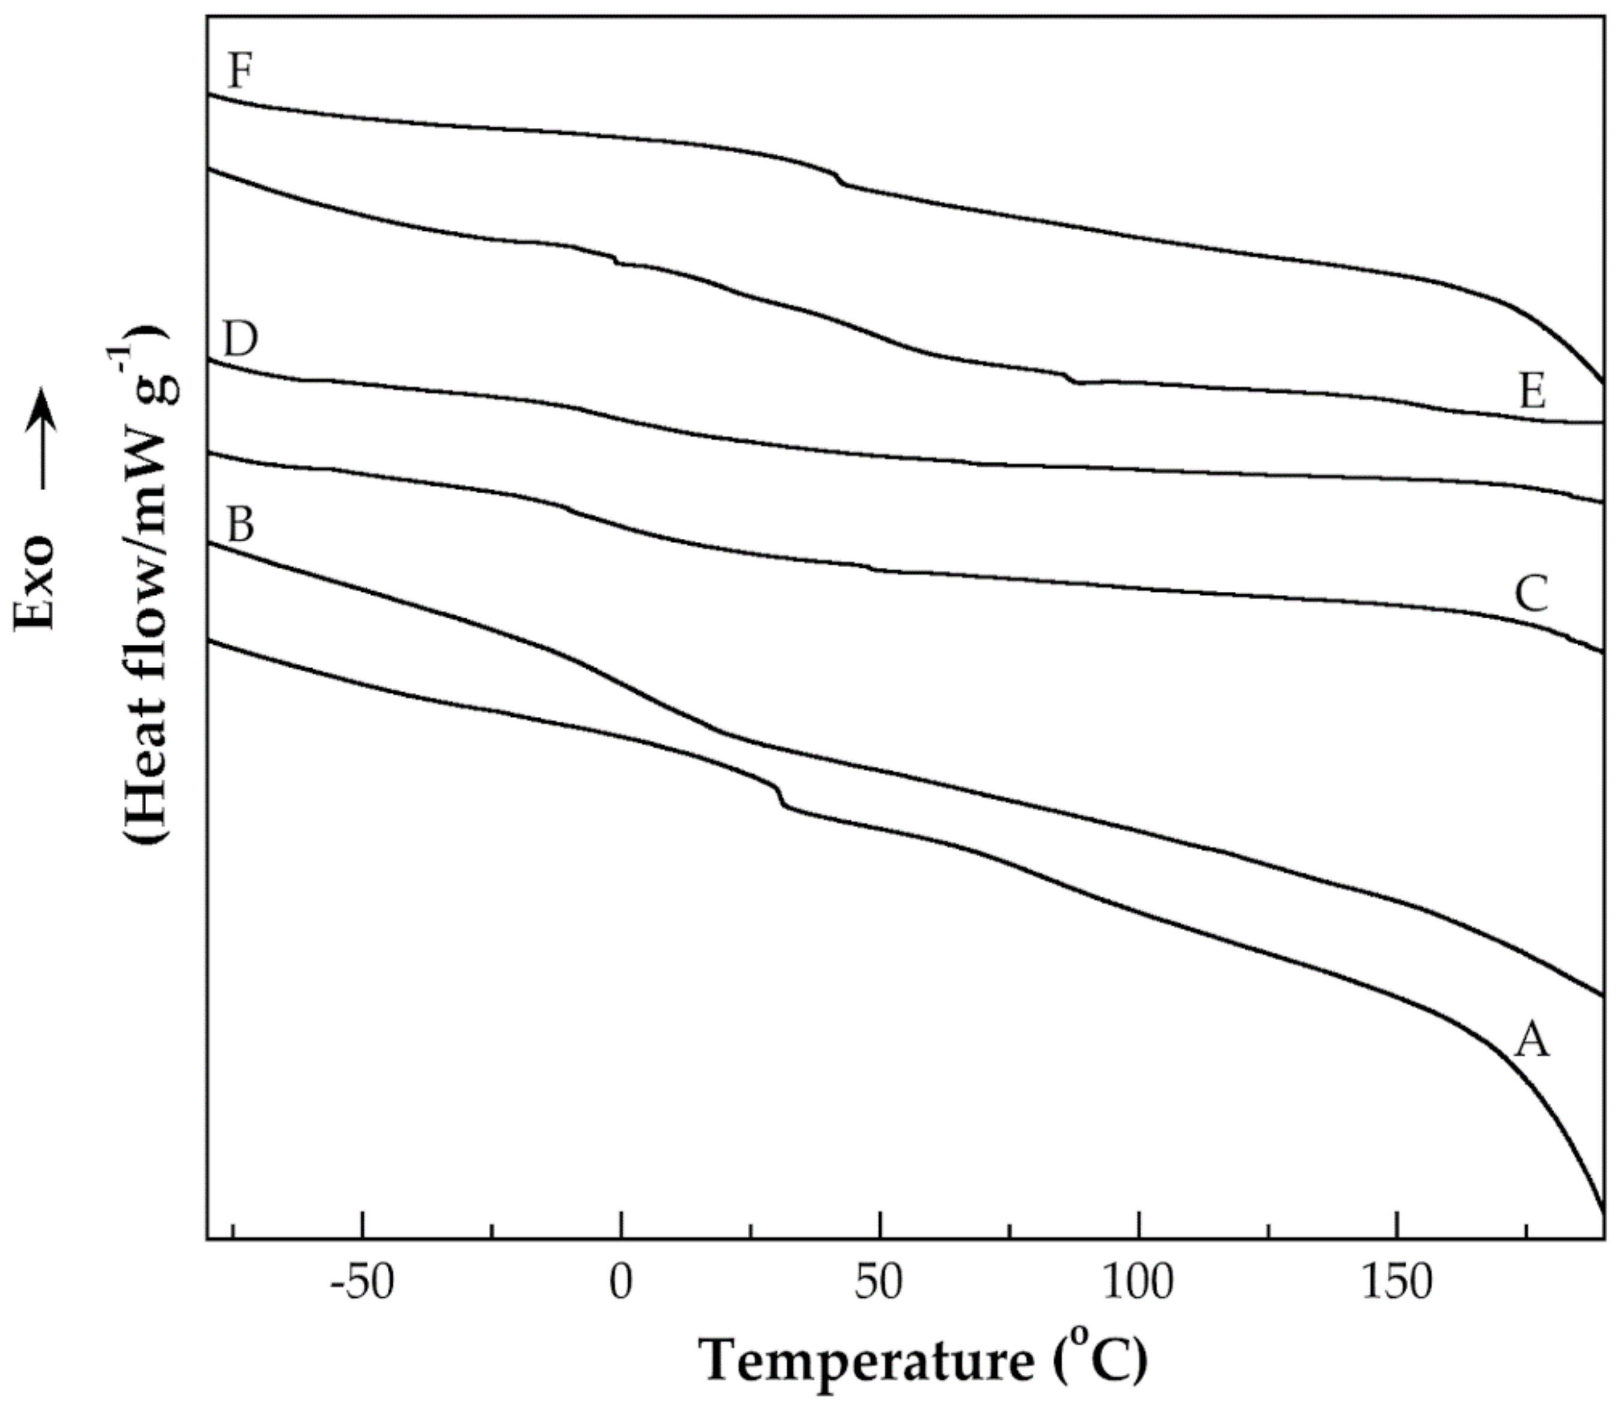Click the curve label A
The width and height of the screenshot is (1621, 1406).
tap(1531, 1042)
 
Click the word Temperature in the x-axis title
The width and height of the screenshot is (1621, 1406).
tap(868, 1362)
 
